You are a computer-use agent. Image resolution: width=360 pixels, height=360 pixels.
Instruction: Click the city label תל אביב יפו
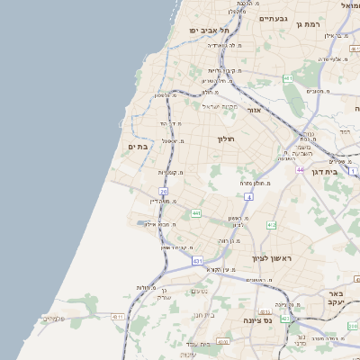pyautogui.click(x=206, y=30)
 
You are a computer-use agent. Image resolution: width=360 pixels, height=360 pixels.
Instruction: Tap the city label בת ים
pyautogui.click(x=138, y=147)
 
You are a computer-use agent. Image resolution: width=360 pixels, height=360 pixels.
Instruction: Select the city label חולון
pyautogui.click(x=225, y=139)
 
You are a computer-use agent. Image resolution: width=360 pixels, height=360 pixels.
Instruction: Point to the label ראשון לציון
pyautogui.click(x=272, y=257)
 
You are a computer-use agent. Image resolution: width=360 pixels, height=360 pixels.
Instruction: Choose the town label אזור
pyautogui.click(x=254, y=110)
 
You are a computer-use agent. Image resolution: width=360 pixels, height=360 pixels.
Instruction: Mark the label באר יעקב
pyautogui.click(x=335, y=299)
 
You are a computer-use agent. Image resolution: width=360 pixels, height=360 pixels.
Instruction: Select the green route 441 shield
pyautogui.click(x=196, y=213)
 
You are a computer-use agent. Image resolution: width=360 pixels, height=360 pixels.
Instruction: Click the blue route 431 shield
pyautogui.click(x=197, y=260)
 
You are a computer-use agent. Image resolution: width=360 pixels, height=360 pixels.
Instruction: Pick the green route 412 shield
pyautogui.click(x=271, y=225)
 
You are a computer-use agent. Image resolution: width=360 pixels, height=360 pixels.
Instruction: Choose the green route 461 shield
pyautogui.click(x=287, y=79)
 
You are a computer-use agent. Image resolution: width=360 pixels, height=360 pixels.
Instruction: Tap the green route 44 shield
pyautogui.click(x=300, y=168)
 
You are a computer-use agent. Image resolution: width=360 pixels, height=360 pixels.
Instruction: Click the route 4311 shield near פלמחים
pyautogui.click(x=118, y=317)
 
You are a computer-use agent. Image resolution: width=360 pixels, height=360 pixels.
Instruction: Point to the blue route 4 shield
pyautogui.click(x=247, y=195)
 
